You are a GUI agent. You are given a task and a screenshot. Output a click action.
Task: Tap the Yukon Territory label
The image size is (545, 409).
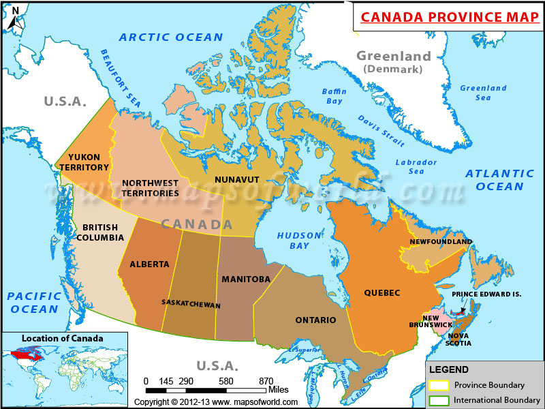[84, 162]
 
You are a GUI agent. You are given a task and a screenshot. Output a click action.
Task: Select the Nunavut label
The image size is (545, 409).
[237, 179]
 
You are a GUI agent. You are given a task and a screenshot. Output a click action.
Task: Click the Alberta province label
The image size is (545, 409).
[149, 264]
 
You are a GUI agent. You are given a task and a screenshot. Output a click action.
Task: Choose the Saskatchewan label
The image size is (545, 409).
[191, 303]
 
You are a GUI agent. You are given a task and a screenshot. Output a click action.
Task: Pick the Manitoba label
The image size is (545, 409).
[246, 279]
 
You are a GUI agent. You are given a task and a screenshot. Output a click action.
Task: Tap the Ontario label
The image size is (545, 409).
[315, 320]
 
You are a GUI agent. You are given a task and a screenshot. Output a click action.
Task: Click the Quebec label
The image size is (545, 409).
[382, 293]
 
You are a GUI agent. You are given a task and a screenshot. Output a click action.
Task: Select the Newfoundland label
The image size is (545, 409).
[441, 242]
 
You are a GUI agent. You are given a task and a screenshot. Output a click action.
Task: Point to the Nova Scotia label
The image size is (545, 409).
[460, 339]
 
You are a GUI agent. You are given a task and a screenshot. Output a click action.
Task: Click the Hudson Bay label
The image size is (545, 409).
[299, 240]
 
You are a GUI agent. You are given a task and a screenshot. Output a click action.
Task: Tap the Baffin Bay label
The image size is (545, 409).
[334, 96]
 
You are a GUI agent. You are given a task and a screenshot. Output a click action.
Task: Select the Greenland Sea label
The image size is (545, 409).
[483, 93]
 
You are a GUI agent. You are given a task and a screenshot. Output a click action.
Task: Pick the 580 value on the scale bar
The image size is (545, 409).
[227, 380]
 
